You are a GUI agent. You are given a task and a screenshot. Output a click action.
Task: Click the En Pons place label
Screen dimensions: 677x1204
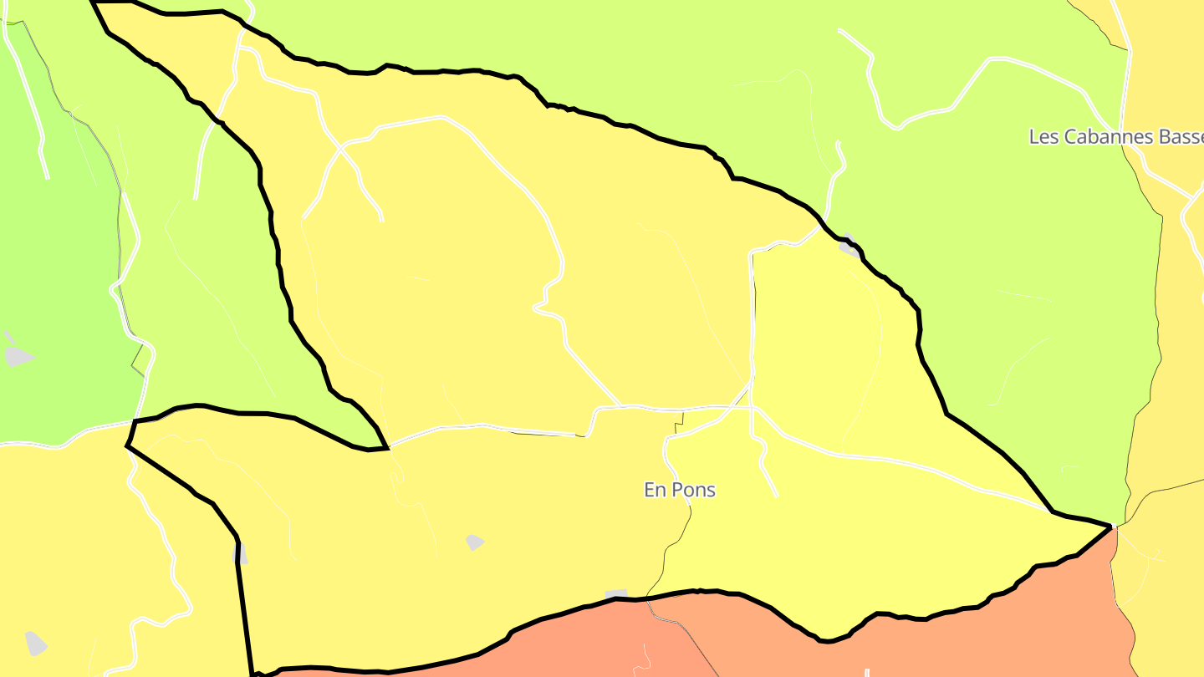[x=679, y=490]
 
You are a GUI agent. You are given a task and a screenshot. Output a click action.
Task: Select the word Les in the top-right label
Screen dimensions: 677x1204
[x=1043, y=137]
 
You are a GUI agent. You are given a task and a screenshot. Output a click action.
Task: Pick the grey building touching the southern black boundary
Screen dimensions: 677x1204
[x=616, y=594]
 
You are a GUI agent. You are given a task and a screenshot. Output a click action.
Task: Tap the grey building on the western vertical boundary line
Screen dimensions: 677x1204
[x=239, y=554]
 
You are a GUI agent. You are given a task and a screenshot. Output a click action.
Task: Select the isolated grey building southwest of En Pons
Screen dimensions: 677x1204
[x=474, y=542]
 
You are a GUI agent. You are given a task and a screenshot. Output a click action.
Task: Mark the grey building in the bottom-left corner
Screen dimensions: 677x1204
[x=36, y=643]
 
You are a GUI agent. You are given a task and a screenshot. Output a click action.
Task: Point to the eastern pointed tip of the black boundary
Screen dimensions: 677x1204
[x=1111, y=526]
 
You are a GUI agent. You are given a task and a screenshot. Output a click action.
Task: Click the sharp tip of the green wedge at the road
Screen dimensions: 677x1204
[x=388, y=448]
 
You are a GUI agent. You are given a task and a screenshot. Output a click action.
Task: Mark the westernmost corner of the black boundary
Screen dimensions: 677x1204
[x=127, y=445]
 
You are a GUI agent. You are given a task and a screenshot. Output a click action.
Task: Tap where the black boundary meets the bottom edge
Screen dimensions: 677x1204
[x=252, y=673]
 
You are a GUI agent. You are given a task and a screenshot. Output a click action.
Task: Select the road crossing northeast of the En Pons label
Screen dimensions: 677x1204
[x=752, y=407]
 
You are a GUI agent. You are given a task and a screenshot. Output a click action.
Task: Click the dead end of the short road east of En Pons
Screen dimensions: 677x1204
[x=777, y=496]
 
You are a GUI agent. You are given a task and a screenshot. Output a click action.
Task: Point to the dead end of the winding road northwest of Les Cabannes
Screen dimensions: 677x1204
[x=839, y=31]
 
